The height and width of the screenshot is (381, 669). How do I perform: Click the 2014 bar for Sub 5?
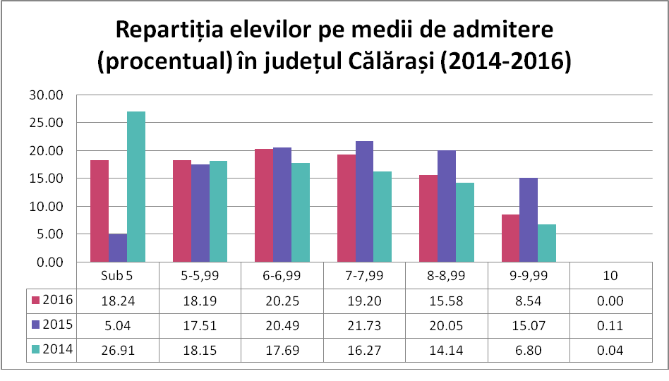point(136,187)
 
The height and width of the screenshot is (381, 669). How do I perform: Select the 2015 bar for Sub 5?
point(118,248)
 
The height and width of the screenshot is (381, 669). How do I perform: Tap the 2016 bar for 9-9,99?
point(510,238)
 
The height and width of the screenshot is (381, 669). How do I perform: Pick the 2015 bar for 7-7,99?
point(364,202)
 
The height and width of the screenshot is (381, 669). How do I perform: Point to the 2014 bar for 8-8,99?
point(465,222)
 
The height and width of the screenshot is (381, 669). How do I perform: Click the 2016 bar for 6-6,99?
point(264,205)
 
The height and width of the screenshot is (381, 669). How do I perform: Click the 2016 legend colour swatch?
point(37,301)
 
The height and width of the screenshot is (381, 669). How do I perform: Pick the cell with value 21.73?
point(363,325)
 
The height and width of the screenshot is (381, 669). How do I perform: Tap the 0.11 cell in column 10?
point(610,325)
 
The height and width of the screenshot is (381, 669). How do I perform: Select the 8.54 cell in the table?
point(528,301)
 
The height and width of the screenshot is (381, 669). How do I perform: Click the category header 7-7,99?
point(363,275)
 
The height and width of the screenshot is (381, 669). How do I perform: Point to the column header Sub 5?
point(117,275)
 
